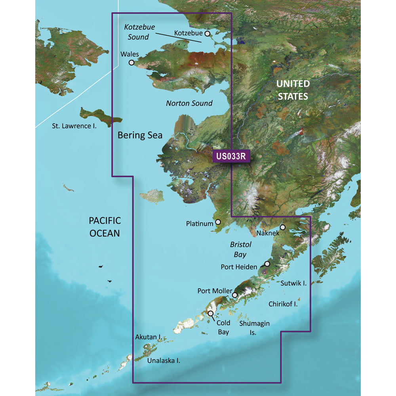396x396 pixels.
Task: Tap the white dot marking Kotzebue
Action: (x=207, y=34)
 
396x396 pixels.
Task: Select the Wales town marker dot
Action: (x=131, y=62)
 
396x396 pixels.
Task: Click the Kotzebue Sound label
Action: (x=139, y=32)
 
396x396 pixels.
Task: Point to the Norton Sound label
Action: (x=189, y=103)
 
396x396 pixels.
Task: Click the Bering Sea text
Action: (x=140, y=135)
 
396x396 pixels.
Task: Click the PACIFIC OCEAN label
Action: (x=105, y=227)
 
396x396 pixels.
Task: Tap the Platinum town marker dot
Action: (x=218, y=223)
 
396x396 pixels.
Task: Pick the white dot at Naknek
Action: (x=283, y=227)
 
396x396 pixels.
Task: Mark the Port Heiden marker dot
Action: (x=267, y=264)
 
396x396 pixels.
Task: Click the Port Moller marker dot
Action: (x=235, y=295)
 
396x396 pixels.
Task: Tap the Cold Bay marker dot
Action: (x=211, y=314)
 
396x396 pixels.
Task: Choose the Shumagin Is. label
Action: (x=254, y=328)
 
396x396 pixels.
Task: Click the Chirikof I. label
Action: (x=283, y=304)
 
